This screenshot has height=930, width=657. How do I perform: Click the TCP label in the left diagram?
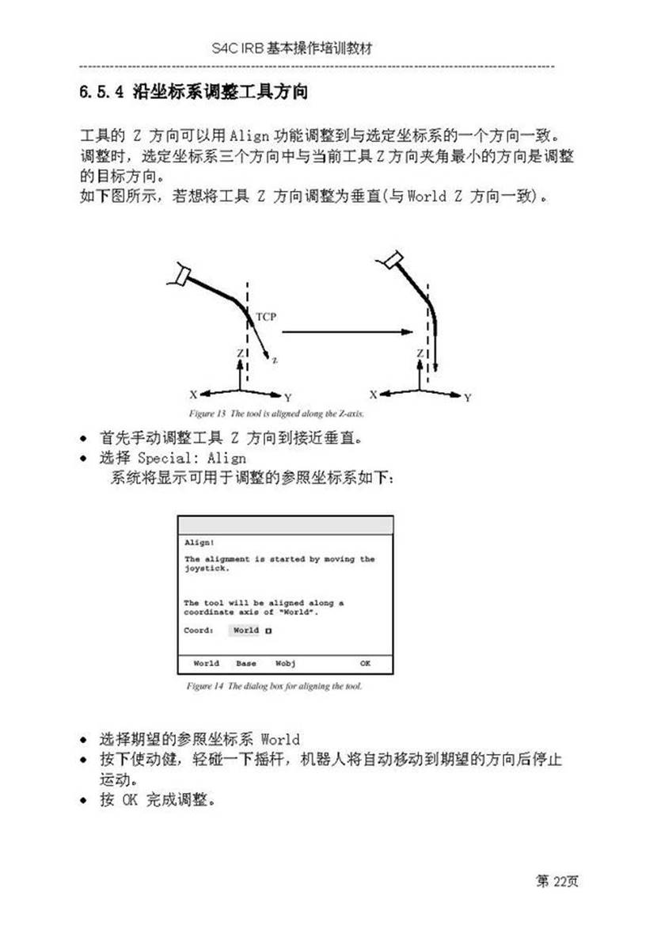pos(266,317)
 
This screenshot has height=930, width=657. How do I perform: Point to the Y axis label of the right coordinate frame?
pos(468,397)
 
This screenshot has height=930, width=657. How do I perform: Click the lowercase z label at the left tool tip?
pos(275,360)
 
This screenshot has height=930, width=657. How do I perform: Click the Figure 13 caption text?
pos(275,414)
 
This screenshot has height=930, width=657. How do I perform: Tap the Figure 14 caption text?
pos(274,686)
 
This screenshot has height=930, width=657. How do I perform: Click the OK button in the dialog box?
pos(365,663)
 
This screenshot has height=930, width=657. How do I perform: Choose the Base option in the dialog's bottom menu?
pos(245,663)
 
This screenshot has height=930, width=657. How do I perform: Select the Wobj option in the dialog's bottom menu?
pos(285,663)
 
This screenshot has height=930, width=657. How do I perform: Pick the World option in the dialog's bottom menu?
pos(206,663)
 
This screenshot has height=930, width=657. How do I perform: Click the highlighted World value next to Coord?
pos(245,631)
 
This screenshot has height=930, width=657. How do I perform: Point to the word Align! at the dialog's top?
pos(194,543)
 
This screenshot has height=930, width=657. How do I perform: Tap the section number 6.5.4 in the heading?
pos(99,93)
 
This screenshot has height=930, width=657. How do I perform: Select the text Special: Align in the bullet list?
pos(192,458)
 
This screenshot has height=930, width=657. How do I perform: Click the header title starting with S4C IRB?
pos(292,48)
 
